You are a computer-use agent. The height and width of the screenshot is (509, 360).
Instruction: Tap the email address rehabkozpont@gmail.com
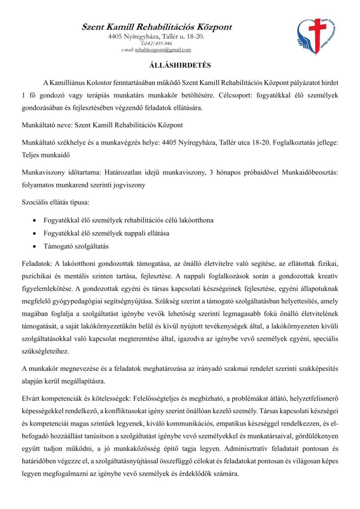[163, 50]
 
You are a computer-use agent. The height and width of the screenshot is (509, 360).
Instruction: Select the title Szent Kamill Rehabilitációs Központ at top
[157, 27]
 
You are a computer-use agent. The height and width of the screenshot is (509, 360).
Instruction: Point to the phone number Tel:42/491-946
[157, 43]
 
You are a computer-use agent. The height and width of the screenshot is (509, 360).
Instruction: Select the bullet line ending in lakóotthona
[129, 220]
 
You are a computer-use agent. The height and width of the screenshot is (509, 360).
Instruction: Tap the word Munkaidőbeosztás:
[305, 172]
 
